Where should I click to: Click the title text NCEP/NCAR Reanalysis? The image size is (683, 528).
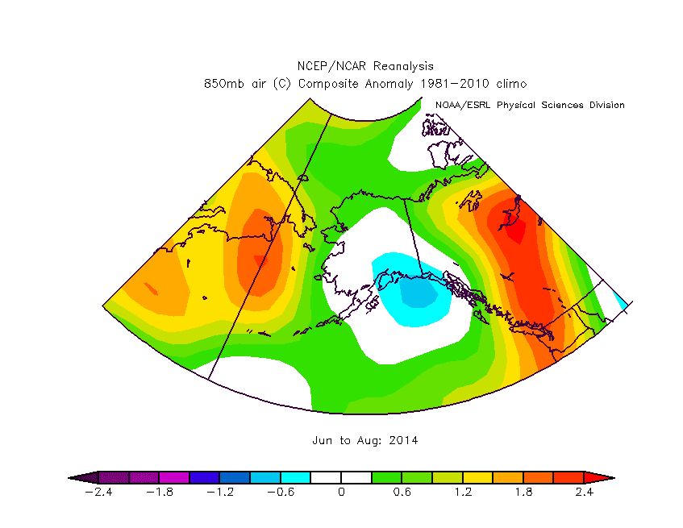[365, 67]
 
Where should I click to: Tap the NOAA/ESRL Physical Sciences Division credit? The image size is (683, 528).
[530, 105]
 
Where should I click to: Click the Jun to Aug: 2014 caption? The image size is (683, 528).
[365, 441]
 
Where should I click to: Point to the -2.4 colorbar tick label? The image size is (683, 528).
[98, 493]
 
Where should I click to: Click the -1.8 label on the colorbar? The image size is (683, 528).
[159, 493]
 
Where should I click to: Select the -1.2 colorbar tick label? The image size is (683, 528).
[219, 493]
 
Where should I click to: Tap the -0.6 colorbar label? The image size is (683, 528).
[280, 493]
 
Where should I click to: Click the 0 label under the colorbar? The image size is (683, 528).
[341, 493]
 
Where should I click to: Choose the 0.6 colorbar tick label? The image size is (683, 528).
[402, 493]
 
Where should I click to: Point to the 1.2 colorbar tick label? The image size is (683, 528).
[463, 493]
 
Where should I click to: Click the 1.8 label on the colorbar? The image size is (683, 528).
[523, 493]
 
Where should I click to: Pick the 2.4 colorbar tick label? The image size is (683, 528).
[584, 493]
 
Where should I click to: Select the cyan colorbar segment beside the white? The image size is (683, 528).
[295, 477]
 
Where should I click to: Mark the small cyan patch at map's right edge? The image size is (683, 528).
[621, 300]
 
